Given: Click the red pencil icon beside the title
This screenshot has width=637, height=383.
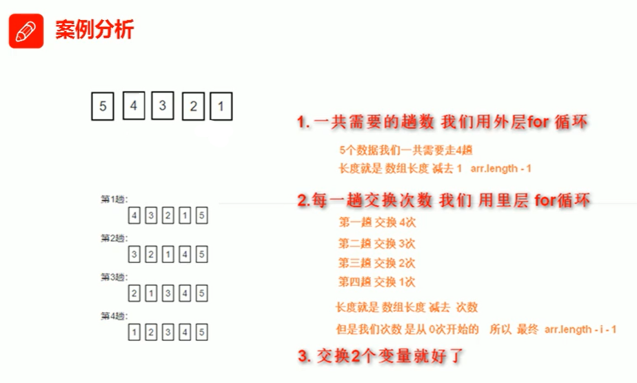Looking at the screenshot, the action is click(x=26, y=31).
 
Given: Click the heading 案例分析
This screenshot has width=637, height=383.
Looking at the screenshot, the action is click(x=94, y=30).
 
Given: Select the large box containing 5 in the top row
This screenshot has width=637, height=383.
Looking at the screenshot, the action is click(x=102, y=106).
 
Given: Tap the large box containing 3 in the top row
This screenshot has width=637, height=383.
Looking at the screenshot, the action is click(x=162, y=105).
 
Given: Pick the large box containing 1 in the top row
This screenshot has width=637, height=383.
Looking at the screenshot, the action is click(x=221, y=107).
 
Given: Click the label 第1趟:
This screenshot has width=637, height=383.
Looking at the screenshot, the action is click(x=114, y=199).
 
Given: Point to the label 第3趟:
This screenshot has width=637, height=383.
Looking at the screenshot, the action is click(x=114, y=277).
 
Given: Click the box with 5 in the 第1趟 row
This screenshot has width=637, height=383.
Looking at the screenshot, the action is click(x=201, y=216).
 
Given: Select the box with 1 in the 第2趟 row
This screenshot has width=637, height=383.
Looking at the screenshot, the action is click(x=168, y=255).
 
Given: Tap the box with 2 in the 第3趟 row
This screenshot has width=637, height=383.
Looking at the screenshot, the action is click(x=134, y=293).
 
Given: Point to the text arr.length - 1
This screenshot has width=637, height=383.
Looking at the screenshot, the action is click(x=501, y=168).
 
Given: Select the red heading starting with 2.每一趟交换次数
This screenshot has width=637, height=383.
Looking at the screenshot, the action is click(x=444, y=200).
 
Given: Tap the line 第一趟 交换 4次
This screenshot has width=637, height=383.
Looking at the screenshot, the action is click(x=377, y=222).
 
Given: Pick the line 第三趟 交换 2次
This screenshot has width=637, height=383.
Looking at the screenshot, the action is click(x=377, y=262).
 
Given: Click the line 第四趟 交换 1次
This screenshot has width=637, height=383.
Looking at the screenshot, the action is click(x=377, y=282).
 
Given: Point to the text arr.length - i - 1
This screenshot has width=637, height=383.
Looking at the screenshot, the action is click(x=580, y=329).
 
